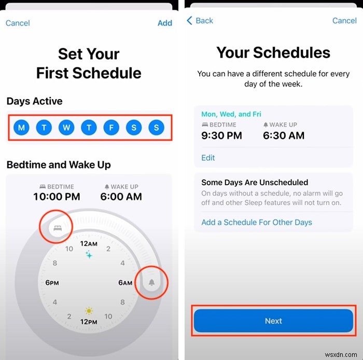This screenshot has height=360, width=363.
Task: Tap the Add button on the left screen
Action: coord(164,23)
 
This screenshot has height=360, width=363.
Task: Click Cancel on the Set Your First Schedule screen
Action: coord(18,23)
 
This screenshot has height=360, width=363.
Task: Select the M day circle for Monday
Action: coord(21,128)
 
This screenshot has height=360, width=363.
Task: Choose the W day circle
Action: coord(66,128)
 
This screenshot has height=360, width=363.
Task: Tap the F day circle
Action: coord(111,128)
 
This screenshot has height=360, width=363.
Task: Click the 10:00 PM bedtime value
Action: coord(56,197)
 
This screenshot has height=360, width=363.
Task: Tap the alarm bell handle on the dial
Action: coord(151,282)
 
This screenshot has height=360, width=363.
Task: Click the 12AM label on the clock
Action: coord(89,244)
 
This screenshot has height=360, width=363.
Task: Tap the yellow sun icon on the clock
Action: coord(89,311)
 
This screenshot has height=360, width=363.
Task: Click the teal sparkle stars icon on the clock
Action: coord(89,255)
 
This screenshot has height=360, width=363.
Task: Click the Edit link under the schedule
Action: coord(208,158)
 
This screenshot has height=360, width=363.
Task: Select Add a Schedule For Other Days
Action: coord(257,222)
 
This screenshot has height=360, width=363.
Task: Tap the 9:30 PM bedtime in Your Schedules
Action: coord(221,136)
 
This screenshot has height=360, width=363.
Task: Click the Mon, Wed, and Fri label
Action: coord(231,114)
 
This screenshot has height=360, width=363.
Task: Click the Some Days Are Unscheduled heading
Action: coord(255,183)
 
